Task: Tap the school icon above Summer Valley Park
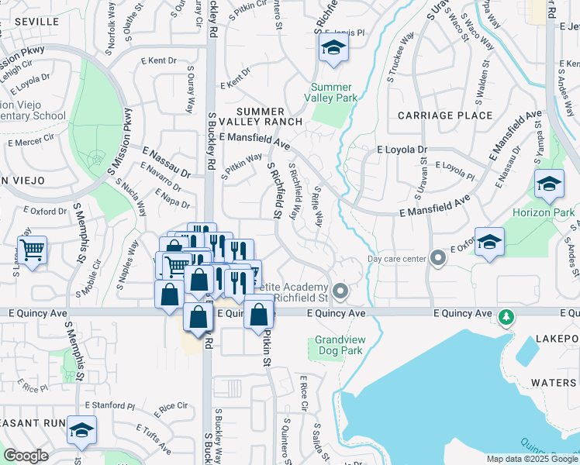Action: (333, 50)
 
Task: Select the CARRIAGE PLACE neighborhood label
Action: (444, 115)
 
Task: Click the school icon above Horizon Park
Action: (549, 184)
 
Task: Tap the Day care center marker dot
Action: (438, 257)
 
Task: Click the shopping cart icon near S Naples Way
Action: (32, 251)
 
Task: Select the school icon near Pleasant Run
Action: (81, 430)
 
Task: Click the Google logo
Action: (26, 456)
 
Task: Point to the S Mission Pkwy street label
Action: (116, 148)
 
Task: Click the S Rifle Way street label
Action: (317, 203)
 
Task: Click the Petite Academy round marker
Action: (338, 291)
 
